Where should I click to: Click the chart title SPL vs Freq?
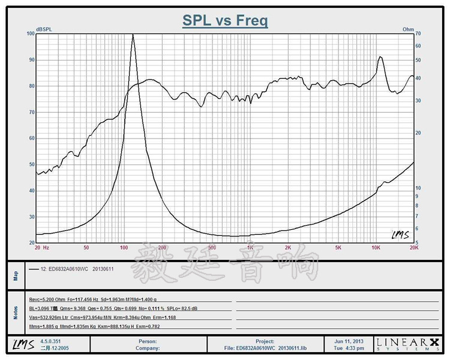point(225,21)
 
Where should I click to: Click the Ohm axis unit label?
point(408,28)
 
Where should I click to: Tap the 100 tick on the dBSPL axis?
point(31,34)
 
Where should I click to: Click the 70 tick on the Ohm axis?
point(418,34)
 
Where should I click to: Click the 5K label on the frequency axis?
point(338,247)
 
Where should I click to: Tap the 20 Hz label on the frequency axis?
point(41,247)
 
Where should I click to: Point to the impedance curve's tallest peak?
point(133,35)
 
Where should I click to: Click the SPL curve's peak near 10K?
point(380,58)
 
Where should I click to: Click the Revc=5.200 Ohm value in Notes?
point(52,299)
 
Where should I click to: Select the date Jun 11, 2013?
point(349,341)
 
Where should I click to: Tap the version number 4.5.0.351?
point(51,341)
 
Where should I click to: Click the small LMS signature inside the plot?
point(400,235)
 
